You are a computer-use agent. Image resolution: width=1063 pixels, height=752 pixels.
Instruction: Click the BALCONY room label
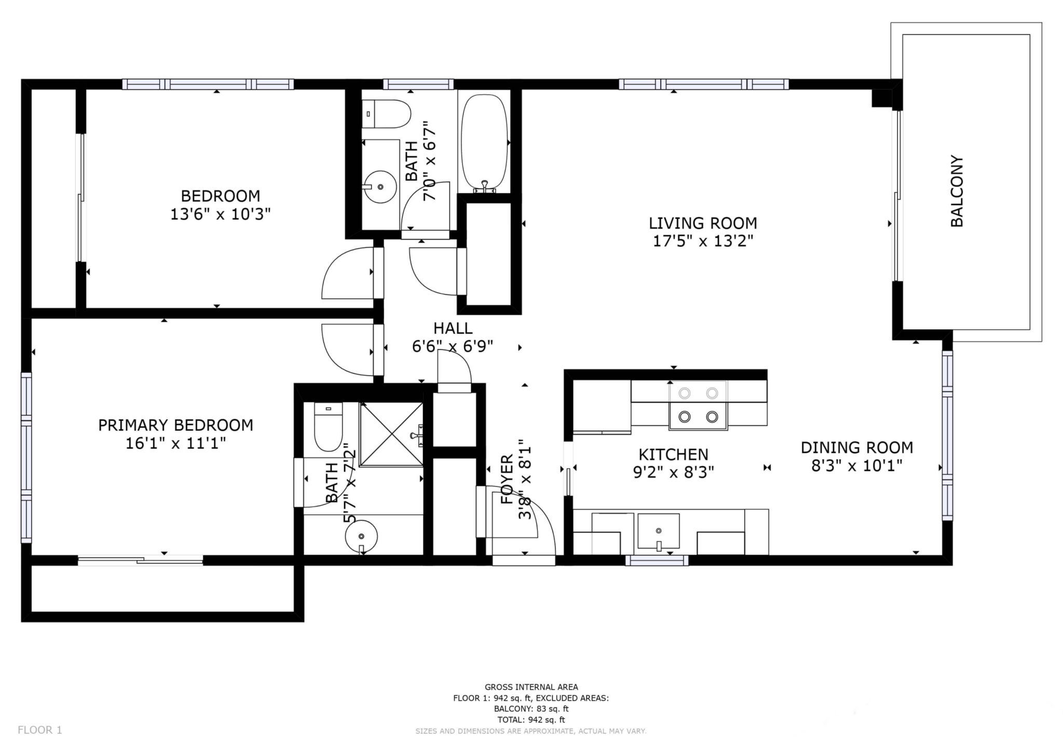click(957, 191)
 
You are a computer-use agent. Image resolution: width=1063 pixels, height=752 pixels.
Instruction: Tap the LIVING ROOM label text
click(703, 223)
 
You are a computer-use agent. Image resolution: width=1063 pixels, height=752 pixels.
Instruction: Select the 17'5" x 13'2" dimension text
click(703, 241)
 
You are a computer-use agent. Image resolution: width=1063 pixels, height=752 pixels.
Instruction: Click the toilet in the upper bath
click(387, 114)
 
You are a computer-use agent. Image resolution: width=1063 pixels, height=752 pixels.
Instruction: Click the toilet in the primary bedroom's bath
click(328, 426)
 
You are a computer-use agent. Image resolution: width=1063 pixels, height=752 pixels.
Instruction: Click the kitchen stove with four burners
click(698, 405)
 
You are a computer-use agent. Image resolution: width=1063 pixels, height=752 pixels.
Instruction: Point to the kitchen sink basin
click(658, 531)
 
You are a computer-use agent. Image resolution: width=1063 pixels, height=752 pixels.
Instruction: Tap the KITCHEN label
click(673, 454)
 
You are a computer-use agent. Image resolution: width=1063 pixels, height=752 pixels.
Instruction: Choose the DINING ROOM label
click(857, 447)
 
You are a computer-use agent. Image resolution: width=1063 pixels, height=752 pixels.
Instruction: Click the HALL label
click(453, 328)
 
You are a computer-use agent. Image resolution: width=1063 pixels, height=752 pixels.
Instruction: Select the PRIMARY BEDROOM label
click(176, 425)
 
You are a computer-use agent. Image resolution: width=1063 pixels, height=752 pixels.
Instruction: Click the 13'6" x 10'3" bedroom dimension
click(221, 214)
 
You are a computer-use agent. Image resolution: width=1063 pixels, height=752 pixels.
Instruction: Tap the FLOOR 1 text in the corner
click(40, 730)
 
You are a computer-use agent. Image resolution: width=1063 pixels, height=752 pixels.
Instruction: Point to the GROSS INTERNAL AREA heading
click(531, 687)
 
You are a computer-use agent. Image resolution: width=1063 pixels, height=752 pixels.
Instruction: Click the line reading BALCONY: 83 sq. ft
click(531, 708)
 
